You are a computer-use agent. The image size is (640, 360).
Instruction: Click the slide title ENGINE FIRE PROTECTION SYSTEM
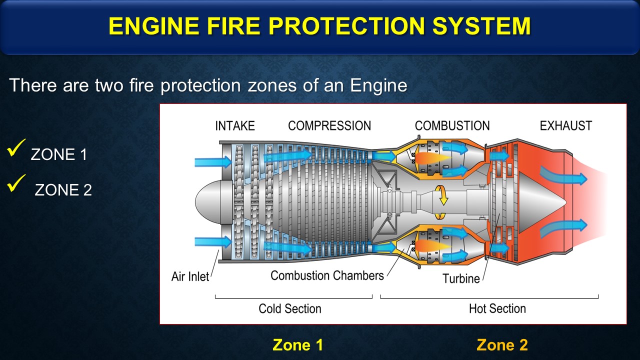(319, 26)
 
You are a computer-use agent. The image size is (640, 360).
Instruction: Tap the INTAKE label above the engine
(234, 125)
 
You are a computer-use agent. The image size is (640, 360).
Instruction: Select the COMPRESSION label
(329, 125)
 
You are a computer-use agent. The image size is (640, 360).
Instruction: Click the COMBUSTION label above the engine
(452, 125)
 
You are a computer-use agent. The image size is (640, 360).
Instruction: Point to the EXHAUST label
(565, 125)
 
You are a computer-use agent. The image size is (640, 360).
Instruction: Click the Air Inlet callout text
(190, 276)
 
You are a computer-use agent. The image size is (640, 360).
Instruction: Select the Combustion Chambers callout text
(327, 275)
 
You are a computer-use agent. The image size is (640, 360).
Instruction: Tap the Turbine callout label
(461, 278)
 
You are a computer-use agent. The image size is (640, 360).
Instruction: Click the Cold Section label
(289, 308)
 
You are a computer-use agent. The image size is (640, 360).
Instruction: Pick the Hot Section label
(497, 308)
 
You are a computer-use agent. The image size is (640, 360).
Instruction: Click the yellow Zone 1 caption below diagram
(297, 345)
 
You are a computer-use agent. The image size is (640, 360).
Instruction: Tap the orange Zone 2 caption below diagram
(502, 345)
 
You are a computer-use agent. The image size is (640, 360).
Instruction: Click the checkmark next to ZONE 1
(16, 149)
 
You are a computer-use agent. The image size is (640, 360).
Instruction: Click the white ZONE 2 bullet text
(63, 190)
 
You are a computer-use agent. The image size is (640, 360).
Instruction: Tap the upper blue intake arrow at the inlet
(212, 161)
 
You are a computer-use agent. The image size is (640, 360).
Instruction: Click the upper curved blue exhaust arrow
(562, 176)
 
